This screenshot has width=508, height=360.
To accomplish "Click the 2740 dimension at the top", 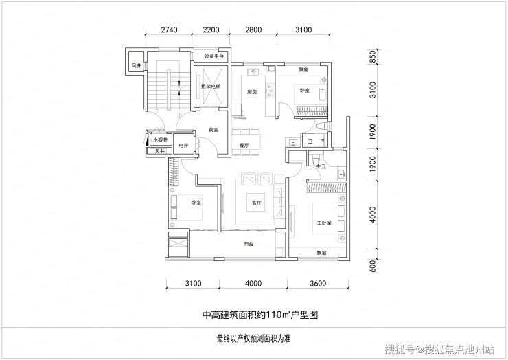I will [169, 29].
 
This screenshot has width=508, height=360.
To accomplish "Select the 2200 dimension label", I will [211, 29].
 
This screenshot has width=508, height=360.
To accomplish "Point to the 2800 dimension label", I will [253, 29].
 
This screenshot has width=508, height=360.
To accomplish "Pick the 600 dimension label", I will [373, 267].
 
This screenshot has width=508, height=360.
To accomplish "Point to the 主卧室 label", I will [324, 223].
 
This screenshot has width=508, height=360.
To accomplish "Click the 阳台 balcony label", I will [249, 244].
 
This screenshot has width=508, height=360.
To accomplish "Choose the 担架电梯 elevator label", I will [209, 87].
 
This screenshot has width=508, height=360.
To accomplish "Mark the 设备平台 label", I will [214, 56].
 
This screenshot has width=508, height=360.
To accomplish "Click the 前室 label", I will [213, 129].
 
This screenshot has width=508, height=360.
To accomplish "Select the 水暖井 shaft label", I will [160, 140].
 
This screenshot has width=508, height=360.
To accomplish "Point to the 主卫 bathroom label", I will [320, 167].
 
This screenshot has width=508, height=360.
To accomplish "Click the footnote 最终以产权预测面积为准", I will [253, 339].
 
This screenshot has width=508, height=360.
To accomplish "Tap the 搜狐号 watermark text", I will [400, 350].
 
